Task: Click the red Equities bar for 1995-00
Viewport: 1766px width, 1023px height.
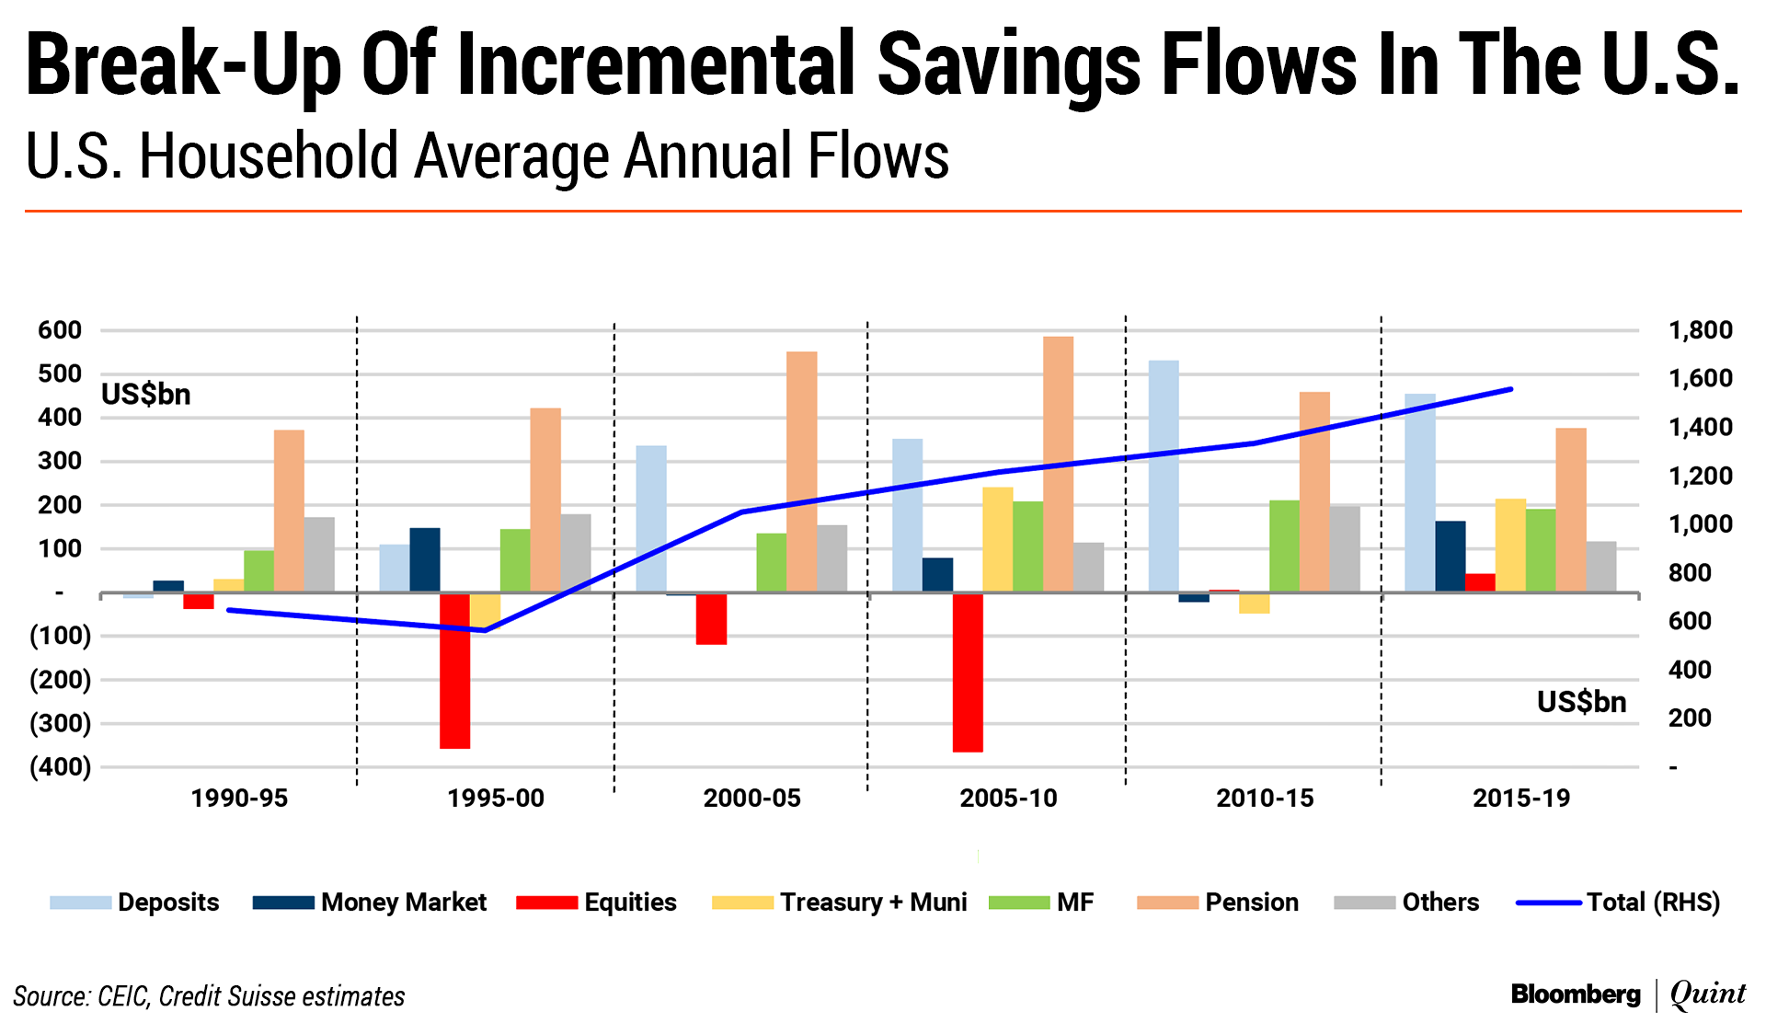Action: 454,671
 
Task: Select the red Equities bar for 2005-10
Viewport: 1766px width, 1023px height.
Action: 968,672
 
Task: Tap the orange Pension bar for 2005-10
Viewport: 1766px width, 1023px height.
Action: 1058,464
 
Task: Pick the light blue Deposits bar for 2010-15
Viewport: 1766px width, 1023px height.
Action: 1164,476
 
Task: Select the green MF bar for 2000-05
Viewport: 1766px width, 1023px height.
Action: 772,562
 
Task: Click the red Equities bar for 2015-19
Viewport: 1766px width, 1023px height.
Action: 1480,582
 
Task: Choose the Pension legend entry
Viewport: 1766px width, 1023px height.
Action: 1218,902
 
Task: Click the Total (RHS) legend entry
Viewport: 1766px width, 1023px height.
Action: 1618,902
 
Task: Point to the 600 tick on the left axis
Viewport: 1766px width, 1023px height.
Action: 60,330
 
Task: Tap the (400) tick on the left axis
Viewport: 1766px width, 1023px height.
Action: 60,767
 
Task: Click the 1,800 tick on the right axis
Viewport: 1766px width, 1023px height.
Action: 1700,330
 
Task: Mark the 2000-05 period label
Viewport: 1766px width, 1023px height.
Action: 751,799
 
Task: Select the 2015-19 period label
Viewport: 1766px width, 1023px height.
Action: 1521,799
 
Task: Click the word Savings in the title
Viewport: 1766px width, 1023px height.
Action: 1008,64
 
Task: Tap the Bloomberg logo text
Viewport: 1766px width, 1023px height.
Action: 1576,994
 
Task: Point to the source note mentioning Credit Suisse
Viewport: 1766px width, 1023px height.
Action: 209,996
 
